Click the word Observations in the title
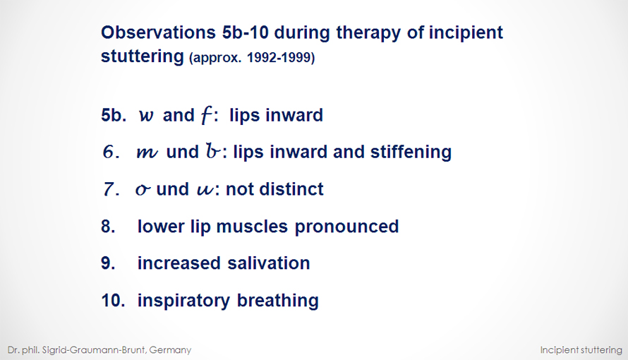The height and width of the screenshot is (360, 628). coord(158,32)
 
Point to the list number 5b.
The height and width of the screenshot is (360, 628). coord(114,115)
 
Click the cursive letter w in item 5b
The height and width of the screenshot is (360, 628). coord(146,116)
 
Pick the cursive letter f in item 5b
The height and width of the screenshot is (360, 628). coord(206,115)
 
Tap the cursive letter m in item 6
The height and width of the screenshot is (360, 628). coord(147,152)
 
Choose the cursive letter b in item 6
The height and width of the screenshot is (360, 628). coord(213,150)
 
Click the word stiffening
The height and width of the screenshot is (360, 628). coord(411,152)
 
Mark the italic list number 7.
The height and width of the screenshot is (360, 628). coord(111,189)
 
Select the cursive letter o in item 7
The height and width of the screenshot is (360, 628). coord(143,189)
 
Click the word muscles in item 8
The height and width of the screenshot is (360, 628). coord(252,227)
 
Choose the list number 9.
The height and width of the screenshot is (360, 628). coord(108,263)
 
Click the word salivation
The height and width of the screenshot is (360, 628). coord(269,263)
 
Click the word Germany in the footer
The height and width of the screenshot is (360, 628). coord(170,350)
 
